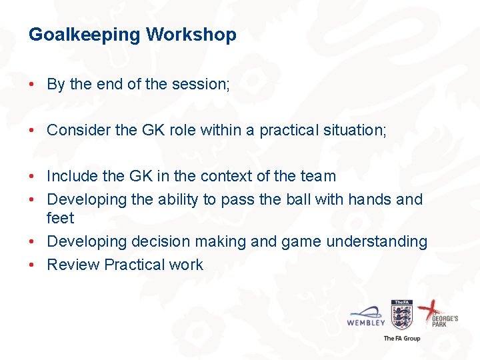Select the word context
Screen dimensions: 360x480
231,177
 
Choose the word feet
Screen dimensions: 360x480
60,218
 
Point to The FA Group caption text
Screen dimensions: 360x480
402,339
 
